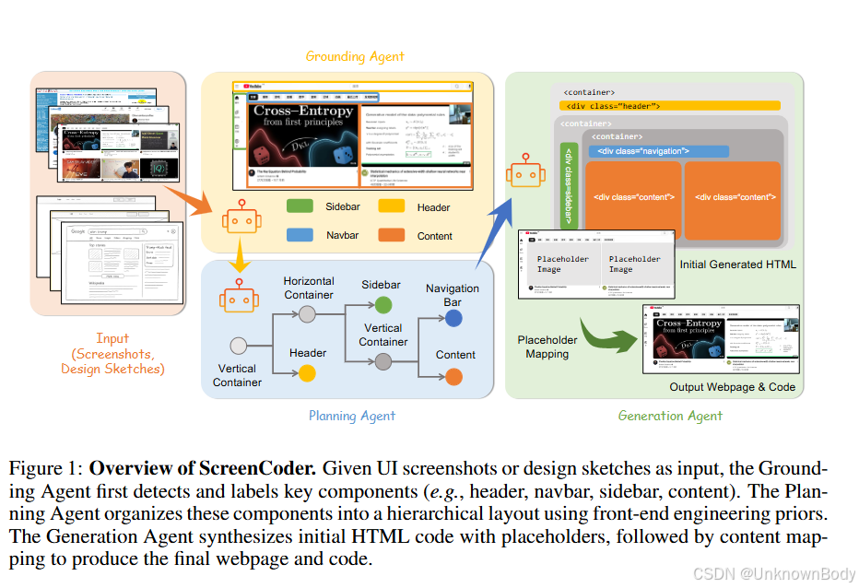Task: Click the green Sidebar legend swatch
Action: (300, 207)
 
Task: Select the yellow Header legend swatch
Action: (393, 207)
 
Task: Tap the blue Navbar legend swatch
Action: (300, 235)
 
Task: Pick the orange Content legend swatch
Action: (393, 235)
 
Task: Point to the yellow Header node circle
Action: (307, 373)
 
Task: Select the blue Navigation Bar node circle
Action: (453, 318)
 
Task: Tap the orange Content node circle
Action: (453, 375)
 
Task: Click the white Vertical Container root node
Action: (238, 347)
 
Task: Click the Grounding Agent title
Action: (355, 56)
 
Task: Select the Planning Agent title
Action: (352, 416)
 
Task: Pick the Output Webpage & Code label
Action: (732, 387)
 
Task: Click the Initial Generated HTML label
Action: (738, 265)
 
